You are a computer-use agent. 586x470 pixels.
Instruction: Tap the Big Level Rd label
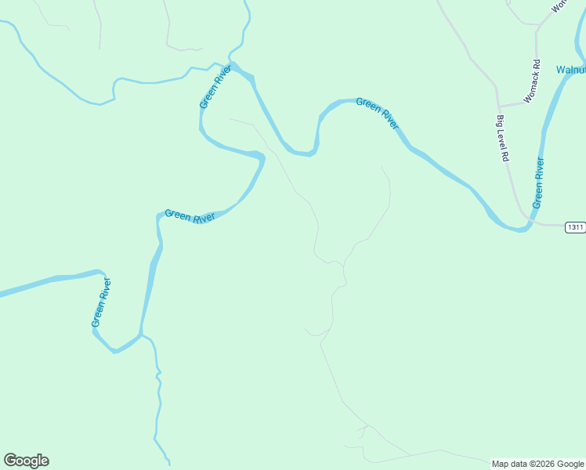pos(502,139)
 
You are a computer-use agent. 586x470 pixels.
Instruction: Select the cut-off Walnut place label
pos(571,70)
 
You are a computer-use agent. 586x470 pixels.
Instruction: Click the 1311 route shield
pos(575,227)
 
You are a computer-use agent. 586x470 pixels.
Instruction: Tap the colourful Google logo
pos(26,461)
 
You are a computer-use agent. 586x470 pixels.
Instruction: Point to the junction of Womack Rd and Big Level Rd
pos(498,107)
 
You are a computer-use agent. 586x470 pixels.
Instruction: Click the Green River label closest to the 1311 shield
pos(538,183)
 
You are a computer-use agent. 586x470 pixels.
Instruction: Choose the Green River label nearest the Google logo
pos(101,302)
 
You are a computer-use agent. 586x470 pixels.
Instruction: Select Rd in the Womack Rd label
pos(538,63)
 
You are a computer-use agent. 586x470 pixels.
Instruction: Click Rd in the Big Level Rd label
pos(505,156)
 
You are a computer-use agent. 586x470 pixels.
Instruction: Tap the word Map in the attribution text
pos(500,464)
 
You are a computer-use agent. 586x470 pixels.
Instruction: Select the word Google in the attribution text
pos(570,464)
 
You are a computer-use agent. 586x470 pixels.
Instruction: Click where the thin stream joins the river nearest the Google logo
pos(143,335)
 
